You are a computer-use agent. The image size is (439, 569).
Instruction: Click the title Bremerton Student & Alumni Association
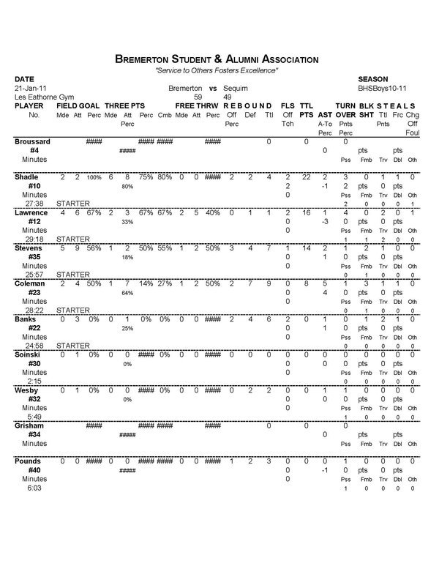tap(217, 58)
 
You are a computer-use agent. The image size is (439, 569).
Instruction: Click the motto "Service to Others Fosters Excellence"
tap(217, 70)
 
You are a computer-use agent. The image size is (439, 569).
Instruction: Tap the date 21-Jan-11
tap(29, 87)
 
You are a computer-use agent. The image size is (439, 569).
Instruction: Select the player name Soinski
tap(30, 354)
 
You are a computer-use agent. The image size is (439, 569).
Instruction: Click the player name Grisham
tap(31, 425)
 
